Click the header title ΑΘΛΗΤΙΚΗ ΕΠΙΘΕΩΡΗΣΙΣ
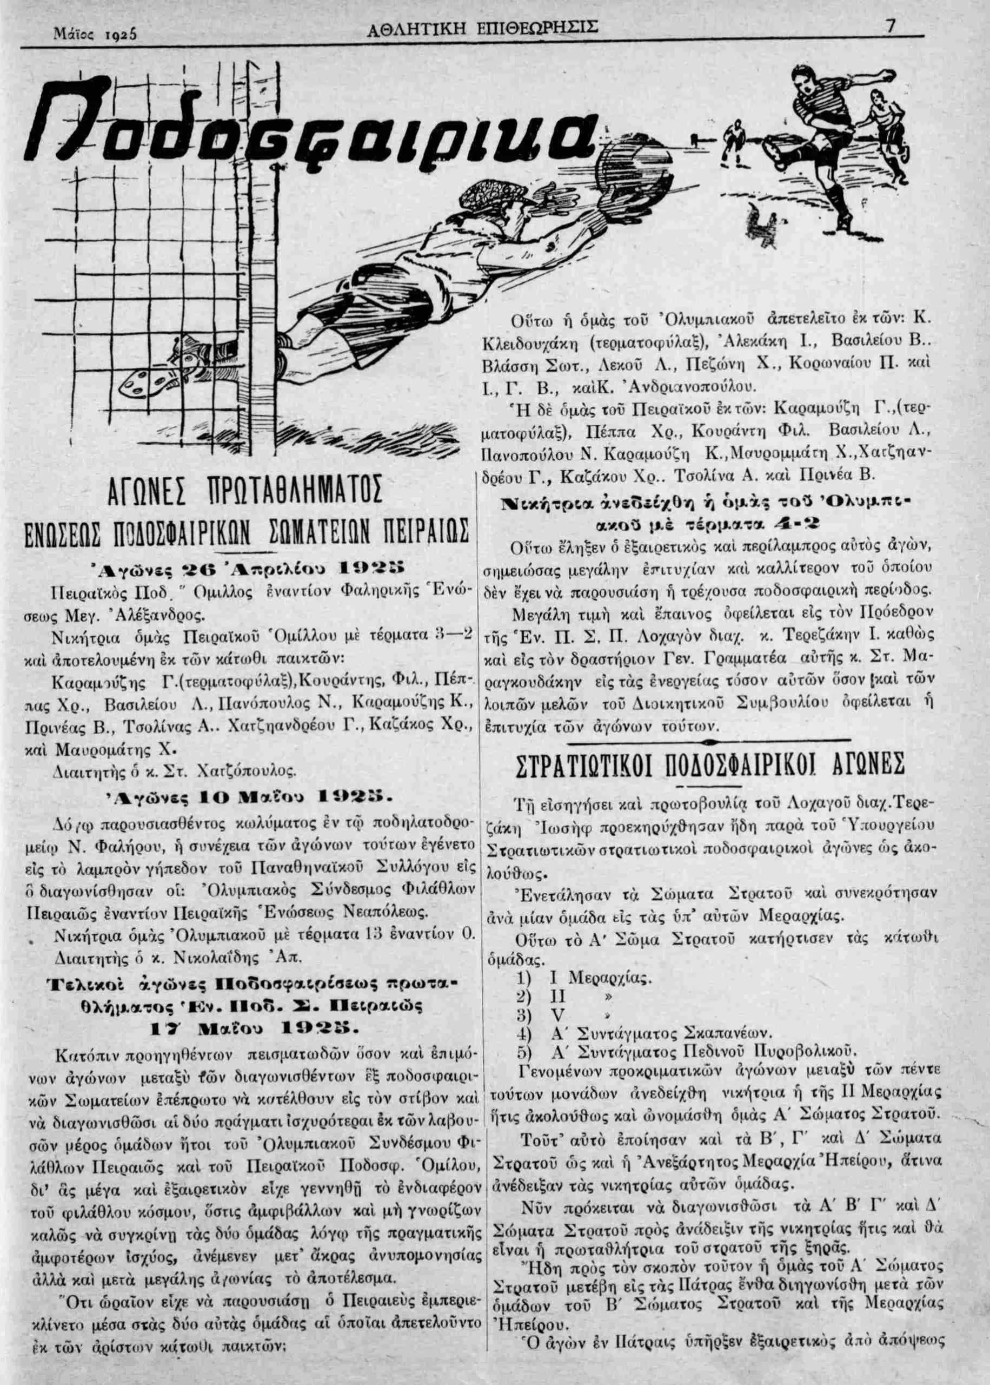pyautogui.click(x=484, y=28)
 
